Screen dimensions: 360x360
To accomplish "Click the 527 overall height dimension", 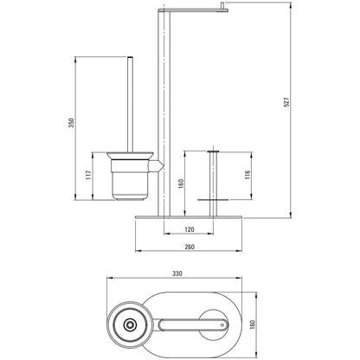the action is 286,102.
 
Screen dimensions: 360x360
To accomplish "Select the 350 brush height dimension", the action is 72,123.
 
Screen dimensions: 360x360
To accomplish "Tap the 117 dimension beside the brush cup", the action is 88,175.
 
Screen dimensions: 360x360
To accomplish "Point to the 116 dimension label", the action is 247,175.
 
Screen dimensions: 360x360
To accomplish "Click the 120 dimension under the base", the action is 189,229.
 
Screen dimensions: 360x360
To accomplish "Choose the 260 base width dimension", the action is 189,247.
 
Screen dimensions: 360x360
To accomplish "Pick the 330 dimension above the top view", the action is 177,273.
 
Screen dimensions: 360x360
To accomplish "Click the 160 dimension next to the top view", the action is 253,325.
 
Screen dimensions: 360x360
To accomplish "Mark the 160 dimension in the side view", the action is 181,183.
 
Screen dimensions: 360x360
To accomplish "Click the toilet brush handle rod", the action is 130,104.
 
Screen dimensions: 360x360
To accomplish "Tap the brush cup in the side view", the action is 130,177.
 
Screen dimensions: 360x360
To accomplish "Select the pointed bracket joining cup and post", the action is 157,165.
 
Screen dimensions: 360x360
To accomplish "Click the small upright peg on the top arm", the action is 222,6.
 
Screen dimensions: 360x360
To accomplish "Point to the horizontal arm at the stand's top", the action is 193,10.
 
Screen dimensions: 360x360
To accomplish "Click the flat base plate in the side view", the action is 189,217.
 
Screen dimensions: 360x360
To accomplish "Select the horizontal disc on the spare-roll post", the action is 213,199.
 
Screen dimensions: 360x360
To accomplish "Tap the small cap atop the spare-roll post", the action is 213,151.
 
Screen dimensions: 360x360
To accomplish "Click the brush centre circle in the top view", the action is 130,325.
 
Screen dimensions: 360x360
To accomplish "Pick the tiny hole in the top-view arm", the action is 222,325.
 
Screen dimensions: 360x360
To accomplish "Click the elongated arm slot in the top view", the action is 193,325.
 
